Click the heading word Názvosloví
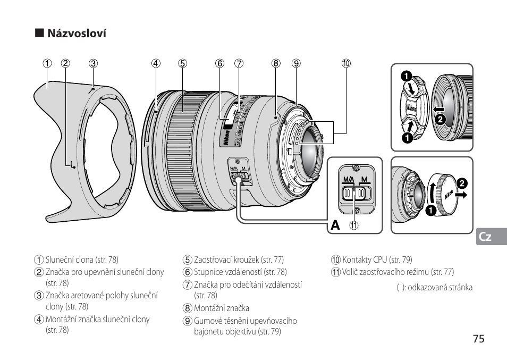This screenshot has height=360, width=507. click(x=77, y=34)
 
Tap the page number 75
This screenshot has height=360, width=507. click(x=478, y=339)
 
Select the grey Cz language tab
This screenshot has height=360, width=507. click(x=491, y=237)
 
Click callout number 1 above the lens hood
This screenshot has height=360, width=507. click(x=47, y=63)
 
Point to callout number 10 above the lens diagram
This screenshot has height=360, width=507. click(x=346, y=63)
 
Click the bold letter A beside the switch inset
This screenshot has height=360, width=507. click(x=335, y=225)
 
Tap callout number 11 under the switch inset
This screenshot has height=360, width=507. click(x=354, y=225)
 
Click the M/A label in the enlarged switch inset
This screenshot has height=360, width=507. click(x=349, y=179)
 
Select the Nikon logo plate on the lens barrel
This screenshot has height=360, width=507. click(x=227, y=137)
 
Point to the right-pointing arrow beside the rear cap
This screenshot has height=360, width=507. click(x=461, y=195)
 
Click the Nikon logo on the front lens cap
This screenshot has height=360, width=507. click(x=412, y=108)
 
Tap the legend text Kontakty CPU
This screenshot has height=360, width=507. click(x=365, y=259)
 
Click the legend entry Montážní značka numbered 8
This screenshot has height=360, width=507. click(x=221, y=308)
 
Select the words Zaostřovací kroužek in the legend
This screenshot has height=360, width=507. click(x=226, y=259)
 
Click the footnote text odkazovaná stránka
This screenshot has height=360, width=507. click(x=440, y=288)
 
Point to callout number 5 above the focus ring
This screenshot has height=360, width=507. click(x=182, y=63)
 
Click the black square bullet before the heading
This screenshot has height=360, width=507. click(x=39, y=33)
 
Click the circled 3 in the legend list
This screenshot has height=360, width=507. click(x=39, y=296)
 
